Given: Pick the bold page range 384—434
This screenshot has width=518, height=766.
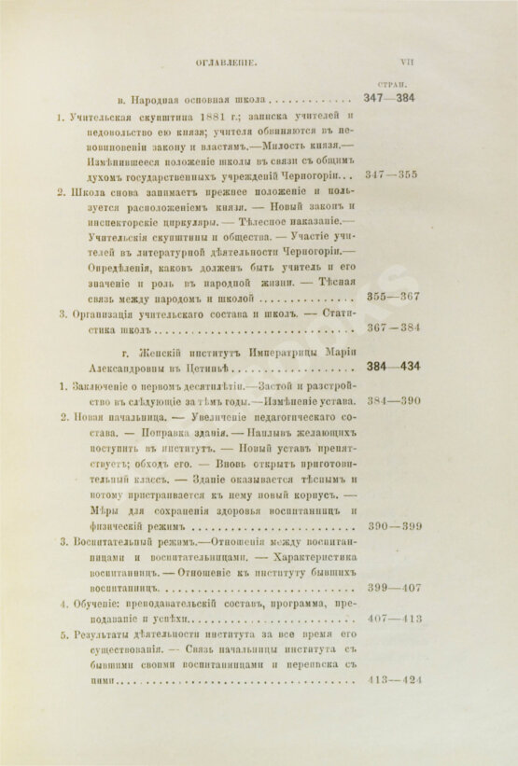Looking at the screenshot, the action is [394, 367].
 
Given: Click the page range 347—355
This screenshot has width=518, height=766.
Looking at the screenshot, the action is [394, 174].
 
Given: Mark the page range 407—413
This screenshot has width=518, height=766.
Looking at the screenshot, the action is [394, 620].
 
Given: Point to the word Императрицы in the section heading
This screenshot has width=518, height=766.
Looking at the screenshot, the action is [259, 367].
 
